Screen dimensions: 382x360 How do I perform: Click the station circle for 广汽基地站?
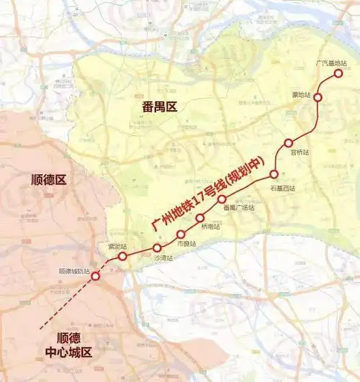coord(338,73)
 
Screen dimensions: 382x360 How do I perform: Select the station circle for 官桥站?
coord(289,142)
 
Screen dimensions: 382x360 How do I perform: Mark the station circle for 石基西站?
coord(274,174)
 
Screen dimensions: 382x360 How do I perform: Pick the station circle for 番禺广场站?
coord(222,199)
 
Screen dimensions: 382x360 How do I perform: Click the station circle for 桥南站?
coord(200,217)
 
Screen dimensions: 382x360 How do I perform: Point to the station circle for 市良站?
coord(181,235)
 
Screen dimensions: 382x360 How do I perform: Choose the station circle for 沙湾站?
coord(157,248)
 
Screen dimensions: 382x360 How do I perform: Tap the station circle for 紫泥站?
coord(122,256)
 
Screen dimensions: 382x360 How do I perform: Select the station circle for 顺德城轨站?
coord(95,275)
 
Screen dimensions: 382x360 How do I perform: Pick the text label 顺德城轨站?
coord(75,271)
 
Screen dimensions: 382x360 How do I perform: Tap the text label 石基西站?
coord(283,188)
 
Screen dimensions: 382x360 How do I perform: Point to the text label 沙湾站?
coord(163,258)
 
